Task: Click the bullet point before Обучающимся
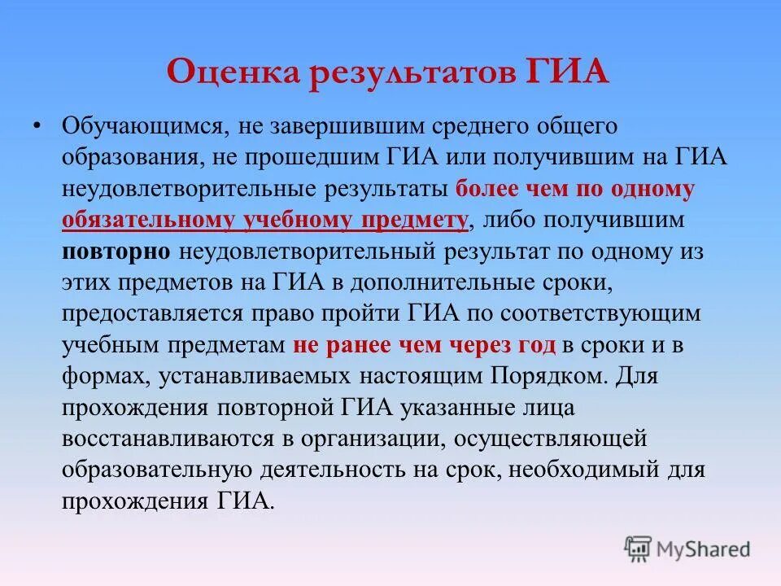click(x=36, y=127)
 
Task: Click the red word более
click(x=486, y=190)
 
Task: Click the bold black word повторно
click(x=116, y=251)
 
